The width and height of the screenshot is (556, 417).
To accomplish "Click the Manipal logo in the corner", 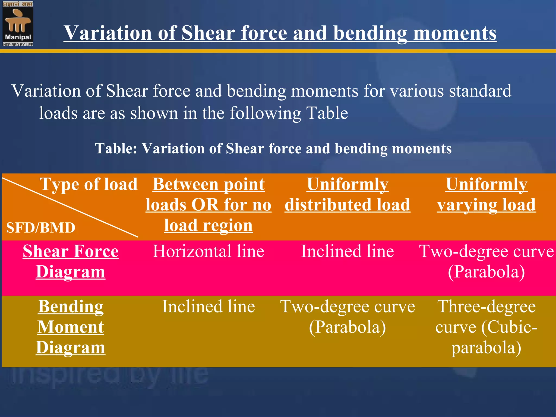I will click(x=18, y=24).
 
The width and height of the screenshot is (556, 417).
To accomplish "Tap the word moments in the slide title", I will click(x=455, y=33).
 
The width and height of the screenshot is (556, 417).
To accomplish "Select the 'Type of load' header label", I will click(x=89, y=184).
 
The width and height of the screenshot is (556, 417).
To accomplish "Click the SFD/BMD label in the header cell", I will click(x=41, y=228).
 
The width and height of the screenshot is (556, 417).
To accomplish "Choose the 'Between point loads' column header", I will click(x=208, y=205).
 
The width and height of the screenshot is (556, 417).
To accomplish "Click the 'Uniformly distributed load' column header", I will click(x=347, y=195).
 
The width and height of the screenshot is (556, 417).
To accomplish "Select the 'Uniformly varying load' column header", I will click(x=486, y=195).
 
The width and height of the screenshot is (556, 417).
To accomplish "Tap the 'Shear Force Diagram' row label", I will click(x=71, y=261).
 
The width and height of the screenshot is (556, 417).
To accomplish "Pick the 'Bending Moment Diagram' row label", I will click(x=71, y=327).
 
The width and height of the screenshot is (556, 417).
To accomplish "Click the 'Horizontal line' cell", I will click(x=208, y=251).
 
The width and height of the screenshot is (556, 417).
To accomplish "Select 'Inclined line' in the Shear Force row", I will click(x=347, y=251).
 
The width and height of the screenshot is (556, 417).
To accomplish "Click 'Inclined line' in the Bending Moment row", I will click(x=208, y=307).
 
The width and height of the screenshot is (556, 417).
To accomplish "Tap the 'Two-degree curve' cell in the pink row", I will click(x=486, y=261).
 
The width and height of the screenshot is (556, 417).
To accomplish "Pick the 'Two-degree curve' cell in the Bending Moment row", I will click(x=347, y=317).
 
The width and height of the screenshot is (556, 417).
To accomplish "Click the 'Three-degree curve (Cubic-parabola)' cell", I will click(x=486, y=327).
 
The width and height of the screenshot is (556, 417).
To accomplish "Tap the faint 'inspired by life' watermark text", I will click(x=109, y=376).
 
